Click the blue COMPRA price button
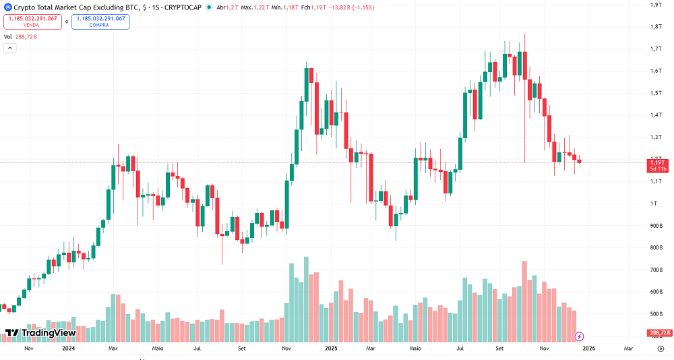point(100,22)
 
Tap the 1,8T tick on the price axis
point(655,27)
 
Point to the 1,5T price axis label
point(655,93)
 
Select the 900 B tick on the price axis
point(655,226)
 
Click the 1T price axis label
point(653,204)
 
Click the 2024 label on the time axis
point(68,349)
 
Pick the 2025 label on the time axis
point(331,349)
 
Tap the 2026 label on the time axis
point(588,349)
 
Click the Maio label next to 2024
point(158,349)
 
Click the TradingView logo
point(40,333)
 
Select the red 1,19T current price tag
point(657,165)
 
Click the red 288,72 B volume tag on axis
point(657,333)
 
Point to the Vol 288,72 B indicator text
point(20,37)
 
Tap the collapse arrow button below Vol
point(10,48)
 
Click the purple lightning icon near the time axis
point(579,336)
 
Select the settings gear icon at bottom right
point(661,349)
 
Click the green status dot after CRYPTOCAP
point(209,7)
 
